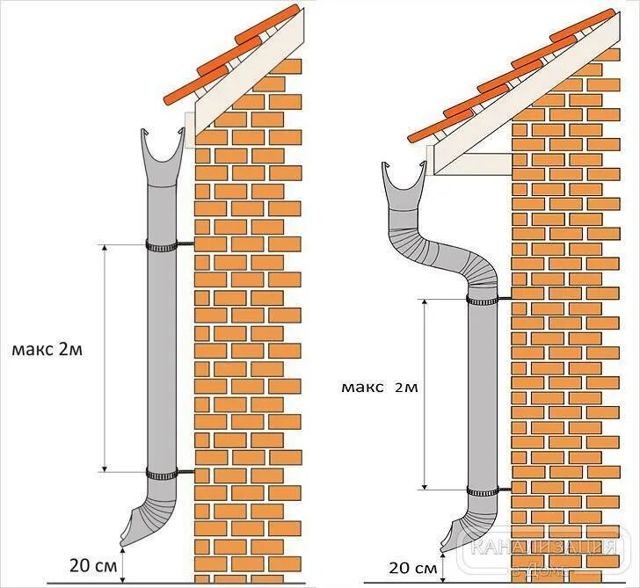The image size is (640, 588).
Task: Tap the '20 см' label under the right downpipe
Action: tap(412, 568)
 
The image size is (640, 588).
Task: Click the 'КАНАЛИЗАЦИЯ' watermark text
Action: tap(544, 549)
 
